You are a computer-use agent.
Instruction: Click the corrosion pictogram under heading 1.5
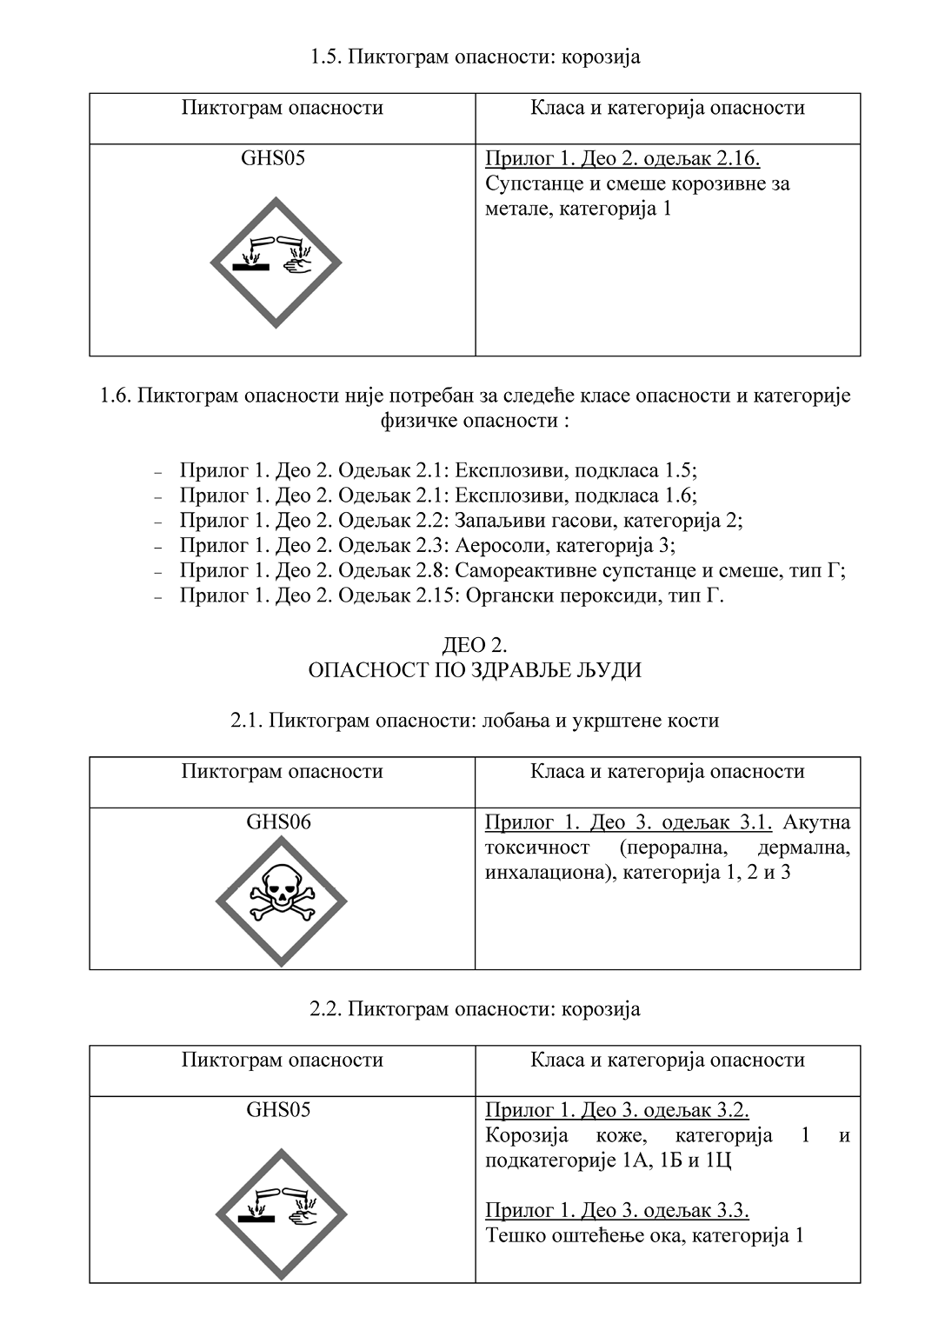click(276, 262)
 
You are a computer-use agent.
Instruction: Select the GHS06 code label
click(278, 821)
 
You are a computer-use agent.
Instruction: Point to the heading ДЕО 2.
click(475, 645)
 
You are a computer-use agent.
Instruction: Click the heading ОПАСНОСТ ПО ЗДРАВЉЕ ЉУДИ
click(475, 670)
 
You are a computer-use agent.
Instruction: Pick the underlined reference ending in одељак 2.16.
click(622, 159)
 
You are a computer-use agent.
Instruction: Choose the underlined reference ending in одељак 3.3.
click(617, 1210)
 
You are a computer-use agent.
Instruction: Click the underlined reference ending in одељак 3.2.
click(617, 1110)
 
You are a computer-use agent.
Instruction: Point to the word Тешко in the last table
click(516, 1235)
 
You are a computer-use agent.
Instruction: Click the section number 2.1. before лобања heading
click(248, 721)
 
